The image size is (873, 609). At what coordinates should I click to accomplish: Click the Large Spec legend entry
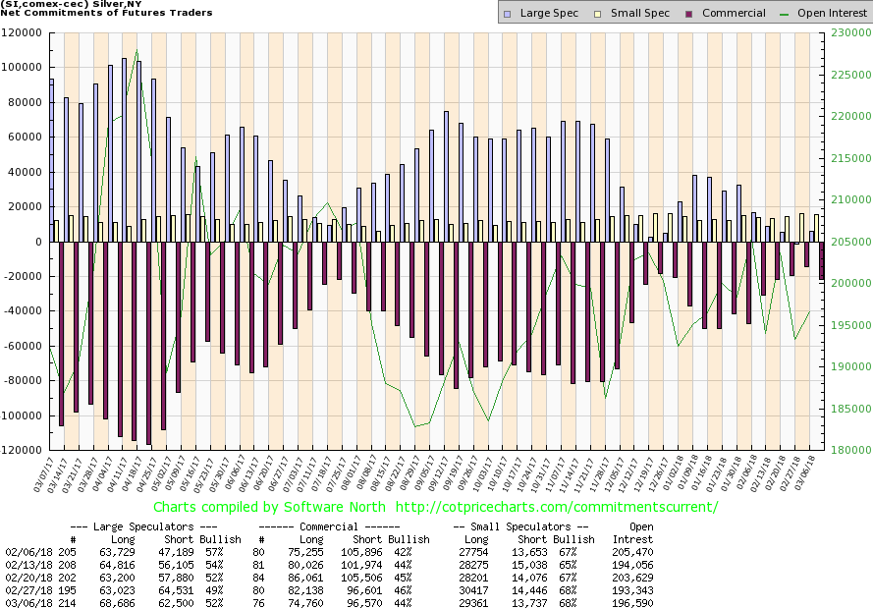click(x=535, y=13)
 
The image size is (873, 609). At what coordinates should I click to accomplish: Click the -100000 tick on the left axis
click(x=26, y=415)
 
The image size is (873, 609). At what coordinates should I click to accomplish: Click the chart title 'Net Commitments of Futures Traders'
click(x=106, y=13)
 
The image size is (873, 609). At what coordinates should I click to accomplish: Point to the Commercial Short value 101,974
click(x=367, y=565)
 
